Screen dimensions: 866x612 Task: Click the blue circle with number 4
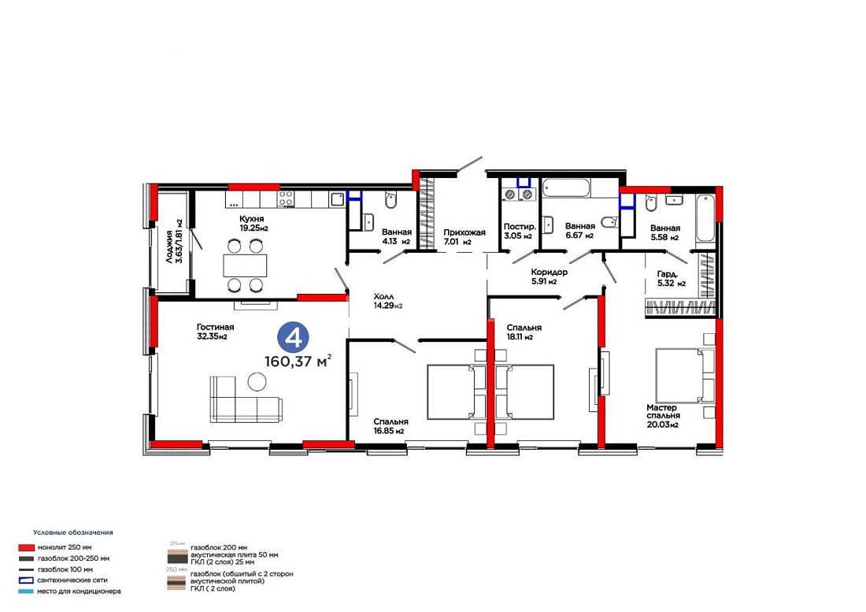[x=294, y=337]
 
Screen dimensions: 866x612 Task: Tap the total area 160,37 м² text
[x=298, y=362]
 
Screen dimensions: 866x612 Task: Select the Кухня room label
[x=251, y=219]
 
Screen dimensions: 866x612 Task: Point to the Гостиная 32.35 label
[x=215, y=332]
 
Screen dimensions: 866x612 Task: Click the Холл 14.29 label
[x=387, y=301]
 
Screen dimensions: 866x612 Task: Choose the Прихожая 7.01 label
[x=464, y=237]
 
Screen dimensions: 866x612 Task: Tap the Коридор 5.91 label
[x=549, y=276]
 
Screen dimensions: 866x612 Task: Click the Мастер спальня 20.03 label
[x=663, y=416]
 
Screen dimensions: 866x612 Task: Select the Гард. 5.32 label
[x=671, y=278]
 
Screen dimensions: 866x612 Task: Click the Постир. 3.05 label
[x=519, y=232]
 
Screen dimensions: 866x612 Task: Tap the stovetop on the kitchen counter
[x=286, y=198]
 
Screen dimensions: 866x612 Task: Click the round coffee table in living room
[x=257, y=381]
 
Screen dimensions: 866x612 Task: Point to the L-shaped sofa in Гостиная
[x=245, y=399]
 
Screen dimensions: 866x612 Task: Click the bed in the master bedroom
[x=685, y=375]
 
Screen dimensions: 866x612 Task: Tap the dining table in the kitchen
[x=245, y=265]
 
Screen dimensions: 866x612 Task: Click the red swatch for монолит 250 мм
[x=26, y=547]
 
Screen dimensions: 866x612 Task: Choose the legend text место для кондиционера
[x=79, y=591]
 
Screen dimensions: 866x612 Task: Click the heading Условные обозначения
[x=73, y=532]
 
